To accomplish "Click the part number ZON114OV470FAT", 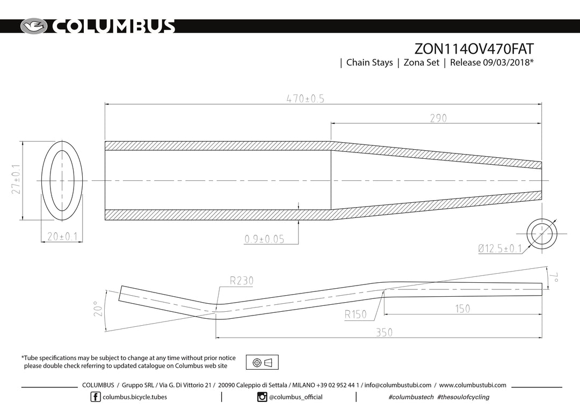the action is pyautogui.click(x=474, y=49).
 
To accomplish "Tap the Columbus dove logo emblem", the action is pyautogui.click(x=34, y=26).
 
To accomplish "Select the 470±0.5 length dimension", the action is pyautogui.click(x=305, y=99).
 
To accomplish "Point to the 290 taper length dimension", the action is pyautogui.click(x=438, y=118).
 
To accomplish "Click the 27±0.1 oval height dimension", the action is pyautogui.click(x=16, y=179).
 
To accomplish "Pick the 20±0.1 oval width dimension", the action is pyautogui.click(x=62, y=237).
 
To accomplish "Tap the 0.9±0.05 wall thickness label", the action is pyautogui.click(x=264, y=239).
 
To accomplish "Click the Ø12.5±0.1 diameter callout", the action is pyautogui.click(x=500, y=248).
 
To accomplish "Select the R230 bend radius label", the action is pyautogui.click(x=242, y=281).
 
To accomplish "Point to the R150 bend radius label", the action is pyautogui.click(x=356, y=314).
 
